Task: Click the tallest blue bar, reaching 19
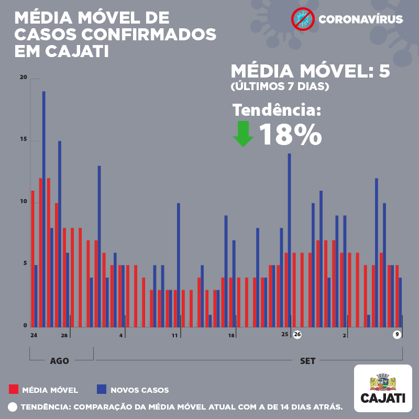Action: (44, 209)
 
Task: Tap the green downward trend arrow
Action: (243, 134)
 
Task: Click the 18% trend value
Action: (291, 135)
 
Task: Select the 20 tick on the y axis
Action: (24, 77)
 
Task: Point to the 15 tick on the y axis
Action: (24, 139)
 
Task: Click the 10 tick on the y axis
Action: (24, 202)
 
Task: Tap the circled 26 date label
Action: (297, 334)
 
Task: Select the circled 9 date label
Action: (397, 335)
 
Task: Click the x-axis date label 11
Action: (174, 335)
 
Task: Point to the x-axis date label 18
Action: (231, 335)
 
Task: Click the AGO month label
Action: (59, 361)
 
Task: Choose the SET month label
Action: (307, 361)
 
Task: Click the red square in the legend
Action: (14, 389)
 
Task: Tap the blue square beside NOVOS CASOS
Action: (102, 389)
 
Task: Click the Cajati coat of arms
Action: (383, 382)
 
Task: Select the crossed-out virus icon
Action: (303, 19)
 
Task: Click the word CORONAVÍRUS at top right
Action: (361, 19)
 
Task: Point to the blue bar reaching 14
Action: (290, 240)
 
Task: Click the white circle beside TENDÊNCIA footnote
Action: (13, 407)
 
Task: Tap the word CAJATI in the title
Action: (77, 51)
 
